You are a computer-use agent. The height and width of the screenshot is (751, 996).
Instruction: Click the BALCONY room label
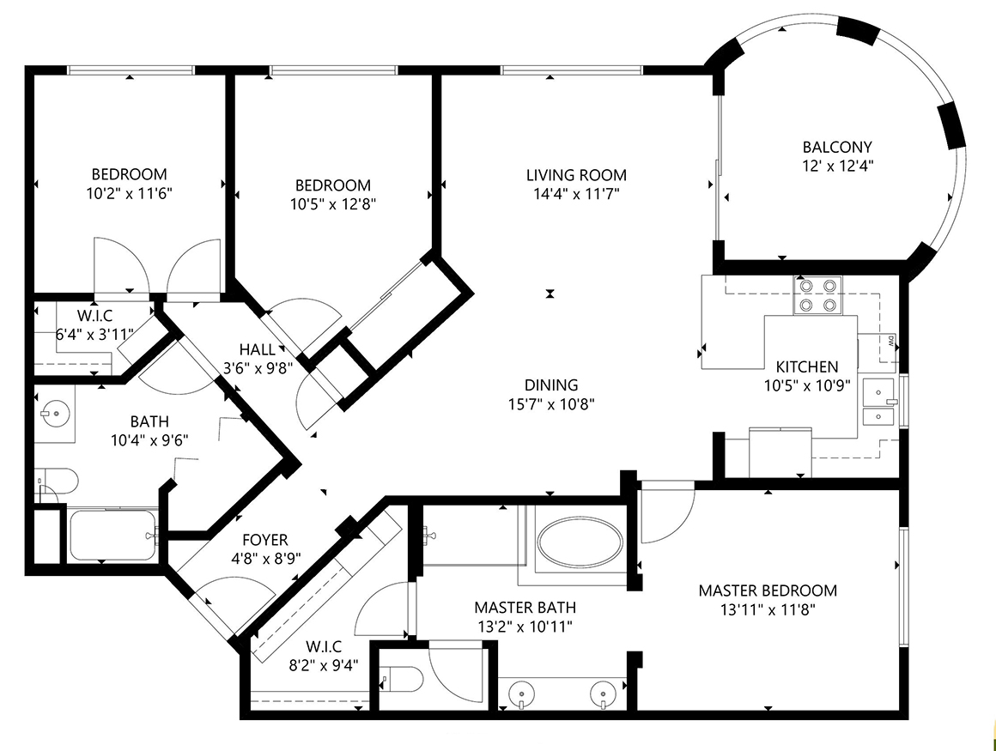click(837, 148)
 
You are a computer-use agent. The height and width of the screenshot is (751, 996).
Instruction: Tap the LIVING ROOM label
click(576, 175)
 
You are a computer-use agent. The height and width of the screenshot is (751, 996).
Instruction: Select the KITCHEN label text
click(807, 367)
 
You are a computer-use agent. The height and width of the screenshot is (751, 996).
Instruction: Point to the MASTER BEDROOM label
click(768, 591)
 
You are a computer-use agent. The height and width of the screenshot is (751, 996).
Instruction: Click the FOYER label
click(264, 540)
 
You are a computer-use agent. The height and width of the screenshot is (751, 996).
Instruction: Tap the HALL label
click(258, 350)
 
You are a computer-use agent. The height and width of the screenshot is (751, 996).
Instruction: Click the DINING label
click(551, 385)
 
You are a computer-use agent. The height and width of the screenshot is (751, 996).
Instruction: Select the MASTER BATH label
click(525, 608)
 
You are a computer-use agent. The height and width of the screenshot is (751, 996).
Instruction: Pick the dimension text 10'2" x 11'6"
click(130, 194)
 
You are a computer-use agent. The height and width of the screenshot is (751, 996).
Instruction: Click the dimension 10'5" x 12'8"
click(333, 204)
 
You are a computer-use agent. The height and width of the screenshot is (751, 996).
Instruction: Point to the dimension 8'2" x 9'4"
click(324, 665)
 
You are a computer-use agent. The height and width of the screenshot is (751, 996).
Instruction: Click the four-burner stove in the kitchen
click(817, 295)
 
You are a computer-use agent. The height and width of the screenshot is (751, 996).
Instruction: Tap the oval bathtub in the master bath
click(580, 542)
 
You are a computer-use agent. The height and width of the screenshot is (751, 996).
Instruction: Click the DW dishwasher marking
click(890, 340)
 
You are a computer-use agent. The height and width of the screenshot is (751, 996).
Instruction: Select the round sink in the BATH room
click(55, 414)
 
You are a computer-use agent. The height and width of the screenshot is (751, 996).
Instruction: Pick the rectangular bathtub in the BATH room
click(113, 536)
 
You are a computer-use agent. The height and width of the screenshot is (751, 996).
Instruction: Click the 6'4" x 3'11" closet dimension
click(94, 335)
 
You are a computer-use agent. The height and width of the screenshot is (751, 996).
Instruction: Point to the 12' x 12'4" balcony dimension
click(837, 167)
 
